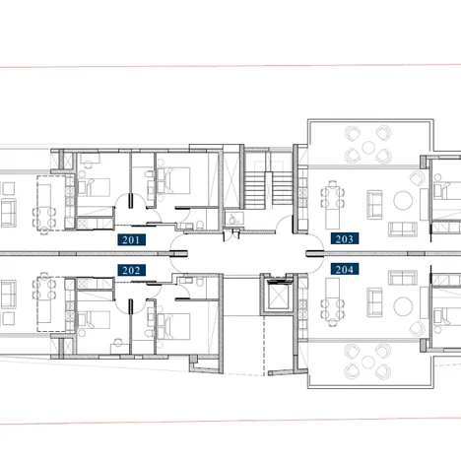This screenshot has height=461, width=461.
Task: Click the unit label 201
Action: point(131,239)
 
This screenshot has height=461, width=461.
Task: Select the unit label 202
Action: point(131,269)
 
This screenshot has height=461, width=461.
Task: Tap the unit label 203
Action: point(345,238)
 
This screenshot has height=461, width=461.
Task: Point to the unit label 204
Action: point(345,268)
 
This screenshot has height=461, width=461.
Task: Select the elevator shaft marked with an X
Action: point(277,295)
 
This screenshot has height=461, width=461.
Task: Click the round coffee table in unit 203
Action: point(405,201)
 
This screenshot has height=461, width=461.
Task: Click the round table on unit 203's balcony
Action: point(367,150)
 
